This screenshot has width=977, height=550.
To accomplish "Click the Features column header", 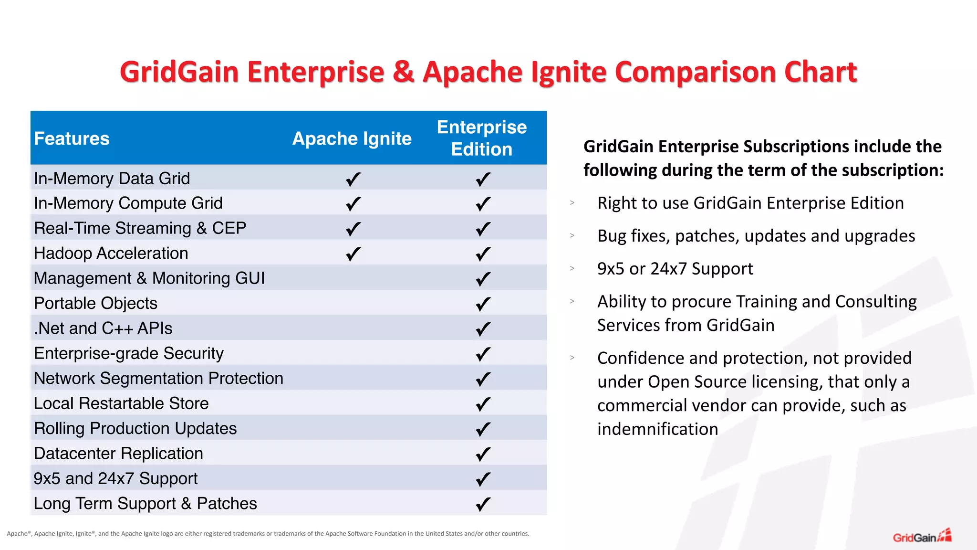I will click(x=72, y=138).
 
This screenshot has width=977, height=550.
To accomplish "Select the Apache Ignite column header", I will click(x=352, y=138).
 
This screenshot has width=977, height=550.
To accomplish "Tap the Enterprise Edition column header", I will click(x=482, y=138).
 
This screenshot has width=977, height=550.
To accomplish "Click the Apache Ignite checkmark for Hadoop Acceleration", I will click(x=353, y=254).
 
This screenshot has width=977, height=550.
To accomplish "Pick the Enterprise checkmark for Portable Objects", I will click(x=483, y=304).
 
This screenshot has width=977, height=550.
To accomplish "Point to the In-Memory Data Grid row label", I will click(x=112, y=179).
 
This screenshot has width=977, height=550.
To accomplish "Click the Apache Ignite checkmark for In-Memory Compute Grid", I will click(x=353, y=204).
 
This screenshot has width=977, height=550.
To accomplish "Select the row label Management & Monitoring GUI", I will click(x=149, y=278).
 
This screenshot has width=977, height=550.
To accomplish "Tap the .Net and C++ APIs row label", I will click(x=103, y=328).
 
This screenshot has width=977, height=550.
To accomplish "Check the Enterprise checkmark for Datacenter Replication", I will click(x=483, y=454).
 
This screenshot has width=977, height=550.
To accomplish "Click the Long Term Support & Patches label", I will click(x=145, y=504).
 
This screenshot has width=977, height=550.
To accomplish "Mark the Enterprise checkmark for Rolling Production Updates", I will click(x=483, y=429).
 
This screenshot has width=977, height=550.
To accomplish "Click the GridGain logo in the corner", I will click(x=922, y=537).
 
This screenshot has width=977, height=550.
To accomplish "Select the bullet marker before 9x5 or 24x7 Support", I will click(x=572, y=268).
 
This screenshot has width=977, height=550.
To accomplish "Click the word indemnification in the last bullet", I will click(x=657, y=429).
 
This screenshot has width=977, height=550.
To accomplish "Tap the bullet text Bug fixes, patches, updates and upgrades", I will click(x=756, y=236).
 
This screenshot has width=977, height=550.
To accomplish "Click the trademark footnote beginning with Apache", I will click(x=268, y=534).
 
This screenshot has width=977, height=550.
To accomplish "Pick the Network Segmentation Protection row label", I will click(x=158, y=379).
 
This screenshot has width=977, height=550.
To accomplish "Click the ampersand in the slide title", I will click(x=403, y=72).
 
